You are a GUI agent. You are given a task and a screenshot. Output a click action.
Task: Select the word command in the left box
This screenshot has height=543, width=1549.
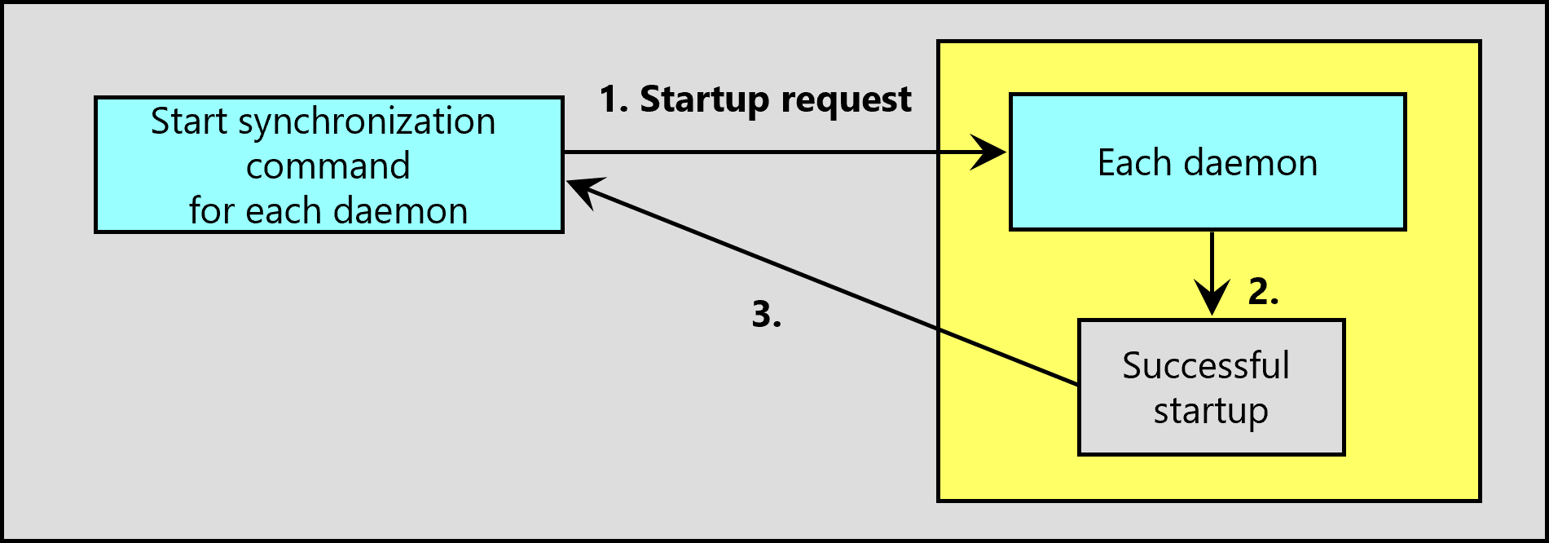click(328, 166)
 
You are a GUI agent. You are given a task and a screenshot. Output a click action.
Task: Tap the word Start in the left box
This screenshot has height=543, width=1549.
click(189, 121)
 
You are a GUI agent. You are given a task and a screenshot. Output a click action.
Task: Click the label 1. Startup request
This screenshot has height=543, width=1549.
click(755, 100)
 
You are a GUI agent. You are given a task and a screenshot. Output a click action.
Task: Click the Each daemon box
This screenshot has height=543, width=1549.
click(1208, 161)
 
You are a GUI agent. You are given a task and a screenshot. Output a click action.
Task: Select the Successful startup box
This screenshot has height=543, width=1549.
click(1211, 387)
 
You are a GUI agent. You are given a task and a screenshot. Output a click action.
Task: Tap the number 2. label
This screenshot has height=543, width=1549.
click(1263, 291)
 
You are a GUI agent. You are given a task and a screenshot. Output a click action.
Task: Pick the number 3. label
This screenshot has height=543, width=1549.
click(766, 314)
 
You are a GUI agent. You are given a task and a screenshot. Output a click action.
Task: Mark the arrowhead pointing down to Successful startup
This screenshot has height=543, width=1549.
click(1212, 298)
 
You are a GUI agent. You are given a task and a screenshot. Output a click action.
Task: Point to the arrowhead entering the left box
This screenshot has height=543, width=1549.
click(583, 192)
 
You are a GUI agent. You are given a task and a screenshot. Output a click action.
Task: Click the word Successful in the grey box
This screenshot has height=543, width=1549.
click(1206, 365)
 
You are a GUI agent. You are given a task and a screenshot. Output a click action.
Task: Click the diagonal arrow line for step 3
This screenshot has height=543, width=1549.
click(822, 282)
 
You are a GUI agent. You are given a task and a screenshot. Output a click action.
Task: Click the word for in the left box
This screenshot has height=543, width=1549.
click(213, 210)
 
